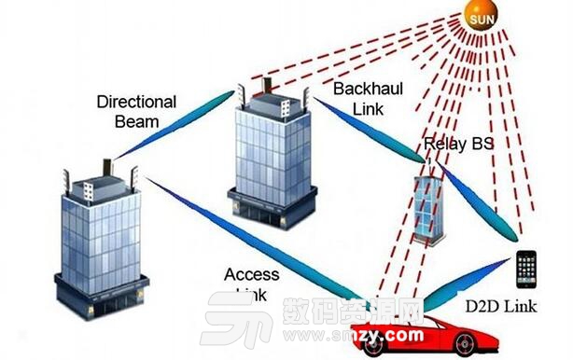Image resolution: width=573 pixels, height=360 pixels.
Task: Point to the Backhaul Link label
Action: click(x=361, y=97)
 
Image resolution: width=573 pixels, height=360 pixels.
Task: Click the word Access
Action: click(x=252, y=274)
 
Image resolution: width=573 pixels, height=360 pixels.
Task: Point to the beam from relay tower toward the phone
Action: click(x=480, y=201)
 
